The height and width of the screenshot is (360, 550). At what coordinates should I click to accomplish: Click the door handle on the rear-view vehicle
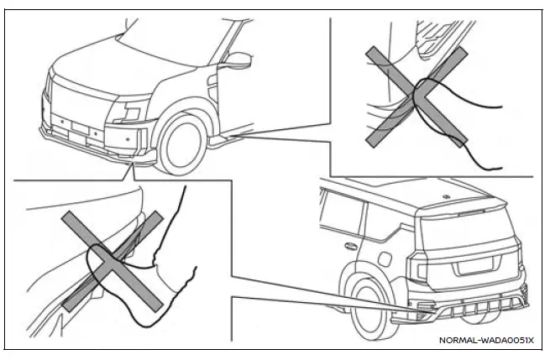point(349,247)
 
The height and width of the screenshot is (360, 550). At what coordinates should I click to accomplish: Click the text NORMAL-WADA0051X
point(486,340)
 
